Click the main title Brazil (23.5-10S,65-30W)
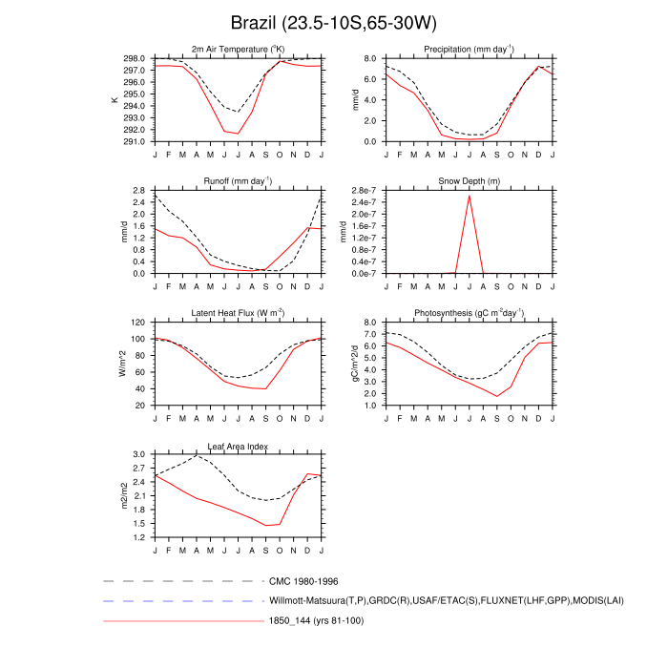click(x=333, y=22)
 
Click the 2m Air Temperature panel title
click(x=239, y=49)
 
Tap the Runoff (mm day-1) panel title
click(x=239, y=180)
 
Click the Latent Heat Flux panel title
click(x=239, y=313)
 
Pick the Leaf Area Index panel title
click(x=239, y=446)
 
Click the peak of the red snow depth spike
click(x=469, y=196)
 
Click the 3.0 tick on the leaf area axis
click(x=139, y=455)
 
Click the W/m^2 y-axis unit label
click(x=120, y=364)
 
